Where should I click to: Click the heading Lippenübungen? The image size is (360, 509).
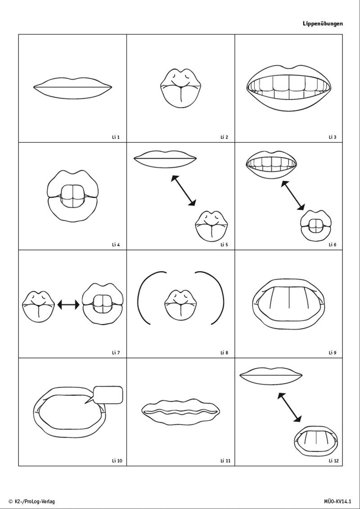pyautogui.click(x=323, y=23)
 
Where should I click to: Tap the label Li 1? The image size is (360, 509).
pyautogui.click(x=116, y=137)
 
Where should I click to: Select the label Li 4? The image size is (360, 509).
pyautogui.click(x=116, y=245)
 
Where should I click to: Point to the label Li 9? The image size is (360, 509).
pyautogui.click(x=333, y=353)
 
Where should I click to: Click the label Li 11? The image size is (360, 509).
pyautogui.click(x=225, y=460)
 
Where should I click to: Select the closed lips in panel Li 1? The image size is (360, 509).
pyautogui.click(x=73, y=88)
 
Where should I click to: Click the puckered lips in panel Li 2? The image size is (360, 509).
pyautogui.click(x=180, y=88)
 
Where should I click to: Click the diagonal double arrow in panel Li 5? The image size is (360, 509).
pyautogui.click(x=184, y=190)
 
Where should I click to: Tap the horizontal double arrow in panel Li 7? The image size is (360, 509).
pyautogui.click(x=68, y=304)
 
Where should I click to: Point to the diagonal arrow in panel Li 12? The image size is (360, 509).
pyautogui.click(x=289, y=407)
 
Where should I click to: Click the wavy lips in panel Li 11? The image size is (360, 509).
pyautogui.click(x=181, y=412)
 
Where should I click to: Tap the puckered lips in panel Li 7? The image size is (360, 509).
pyautogui.click(x=39, y=307)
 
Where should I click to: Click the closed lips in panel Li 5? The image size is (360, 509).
pyautogui.click(x=165, y=159)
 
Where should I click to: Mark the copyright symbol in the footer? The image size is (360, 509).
pyautogui.click(x=10, y=501)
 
